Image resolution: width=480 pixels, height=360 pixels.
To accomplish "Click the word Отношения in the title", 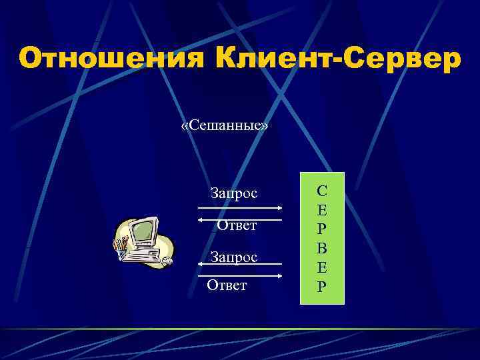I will click(x=112, y=59).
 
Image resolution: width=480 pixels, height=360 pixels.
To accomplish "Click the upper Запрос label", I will click(x=234, y=193).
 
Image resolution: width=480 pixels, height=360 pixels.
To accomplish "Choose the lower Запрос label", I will click(x=234, y=256).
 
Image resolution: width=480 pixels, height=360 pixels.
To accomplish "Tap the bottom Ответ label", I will click(x=227, y=285).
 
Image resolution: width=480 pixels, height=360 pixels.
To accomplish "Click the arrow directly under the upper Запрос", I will click(x=240, y=207).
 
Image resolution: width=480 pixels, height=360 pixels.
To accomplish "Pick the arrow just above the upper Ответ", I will click(x=240, y=218).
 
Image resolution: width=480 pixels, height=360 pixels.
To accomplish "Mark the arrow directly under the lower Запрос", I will click(x=240, y=265).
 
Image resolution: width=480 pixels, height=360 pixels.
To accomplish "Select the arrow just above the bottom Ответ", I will click(x=240, y=275).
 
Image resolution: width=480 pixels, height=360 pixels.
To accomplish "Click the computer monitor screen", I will click(x=143, y=231).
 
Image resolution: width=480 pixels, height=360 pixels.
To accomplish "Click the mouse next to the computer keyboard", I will click(x=166, y=261).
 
